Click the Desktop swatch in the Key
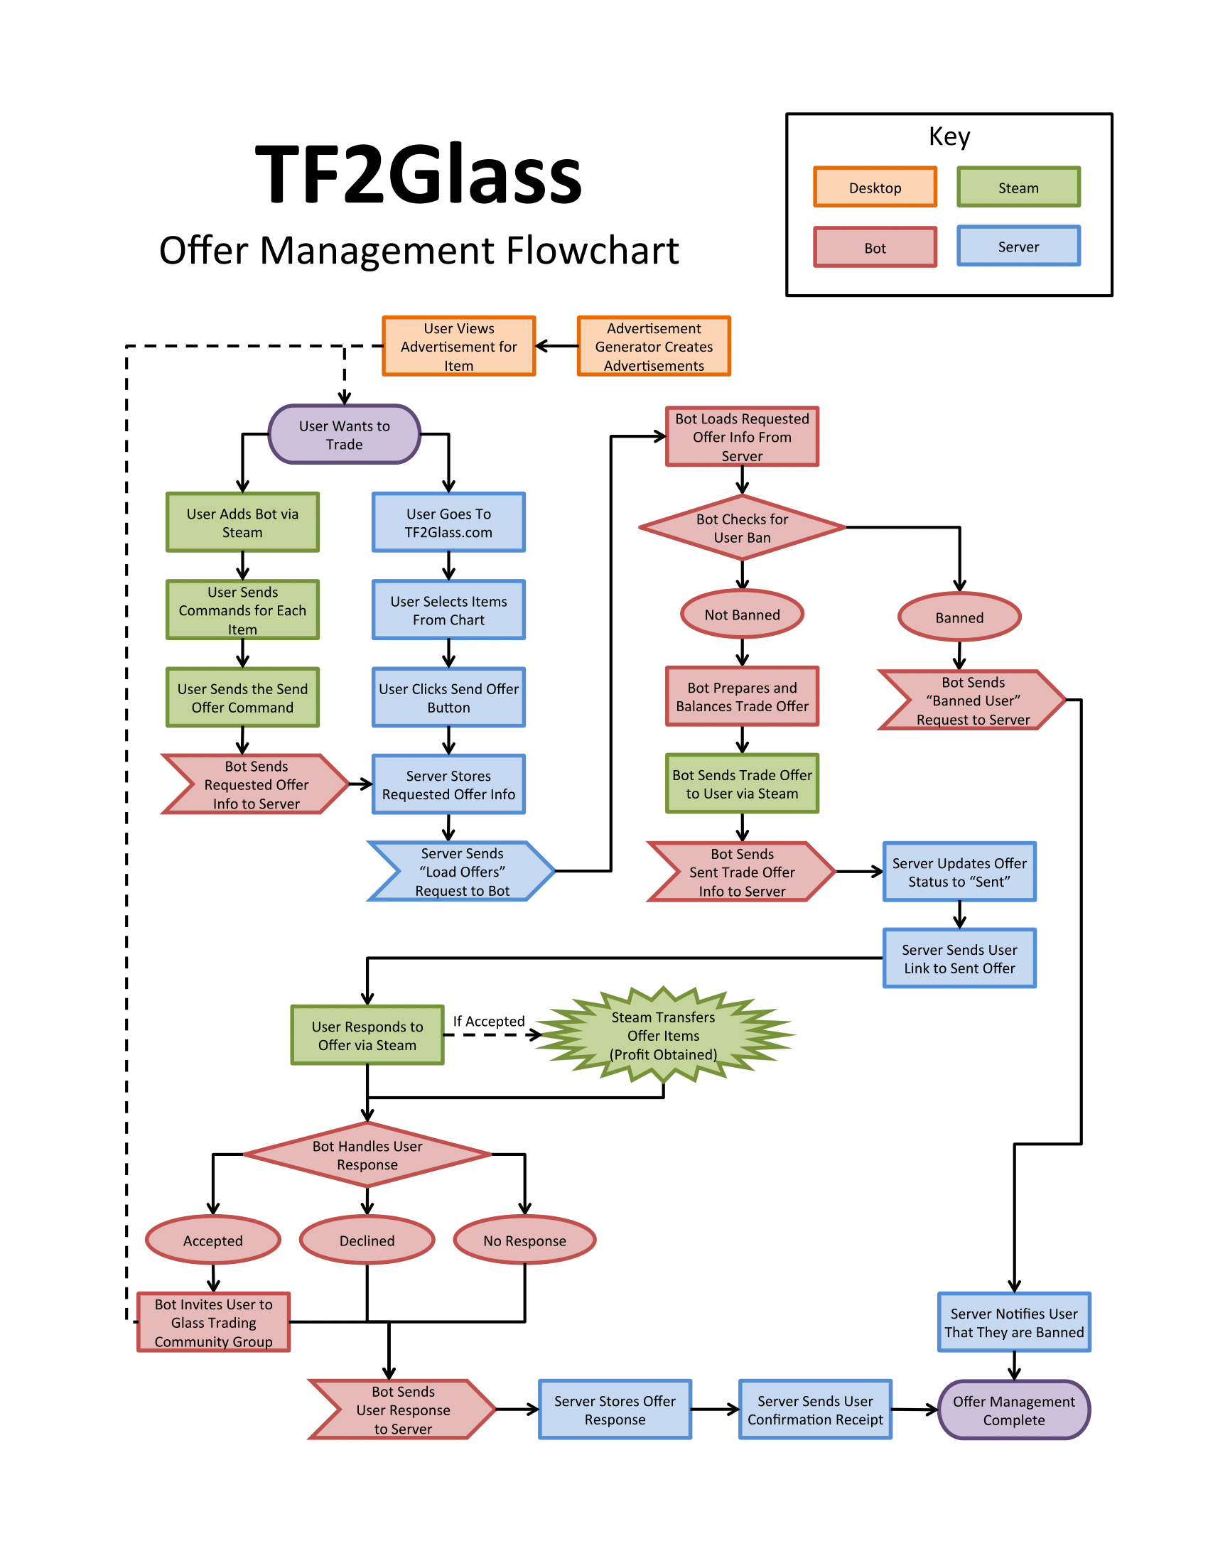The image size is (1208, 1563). (x=875, y=188)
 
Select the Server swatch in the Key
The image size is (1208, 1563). (x=1018, y=247)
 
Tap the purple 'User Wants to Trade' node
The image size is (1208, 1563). (x=344, y=434)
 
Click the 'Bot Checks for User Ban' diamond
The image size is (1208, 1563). (x=742, y=527)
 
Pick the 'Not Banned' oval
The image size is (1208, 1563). (x=742, y=614)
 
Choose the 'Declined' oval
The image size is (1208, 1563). (x=367, y=1240)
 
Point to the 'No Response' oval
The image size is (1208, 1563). (x=524, y=1240)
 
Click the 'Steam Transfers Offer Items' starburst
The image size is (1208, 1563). (x=664, y=1035)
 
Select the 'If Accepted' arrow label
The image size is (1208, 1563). (x=489, y=1021)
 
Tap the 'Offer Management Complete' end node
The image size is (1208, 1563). (x=1013, y=1410)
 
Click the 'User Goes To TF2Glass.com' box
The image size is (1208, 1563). (x=448, y=522)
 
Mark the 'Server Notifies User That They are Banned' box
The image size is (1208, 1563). (x=1013, y=1322)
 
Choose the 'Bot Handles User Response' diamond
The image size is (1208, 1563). (x=367, y=1154)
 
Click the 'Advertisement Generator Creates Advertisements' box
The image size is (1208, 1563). (x=653, y=347)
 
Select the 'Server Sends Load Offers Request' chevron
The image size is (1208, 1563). (x=462, y=871)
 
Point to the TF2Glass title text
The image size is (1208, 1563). (x=419, y=175)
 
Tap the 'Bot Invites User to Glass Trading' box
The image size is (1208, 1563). (x=213, y=1322)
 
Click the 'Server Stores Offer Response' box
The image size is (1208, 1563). (x=615, y=1409)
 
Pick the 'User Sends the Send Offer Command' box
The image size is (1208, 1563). (x=242, y=697)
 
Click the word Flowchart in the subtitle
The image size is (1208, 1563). (x=593, y=251)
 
